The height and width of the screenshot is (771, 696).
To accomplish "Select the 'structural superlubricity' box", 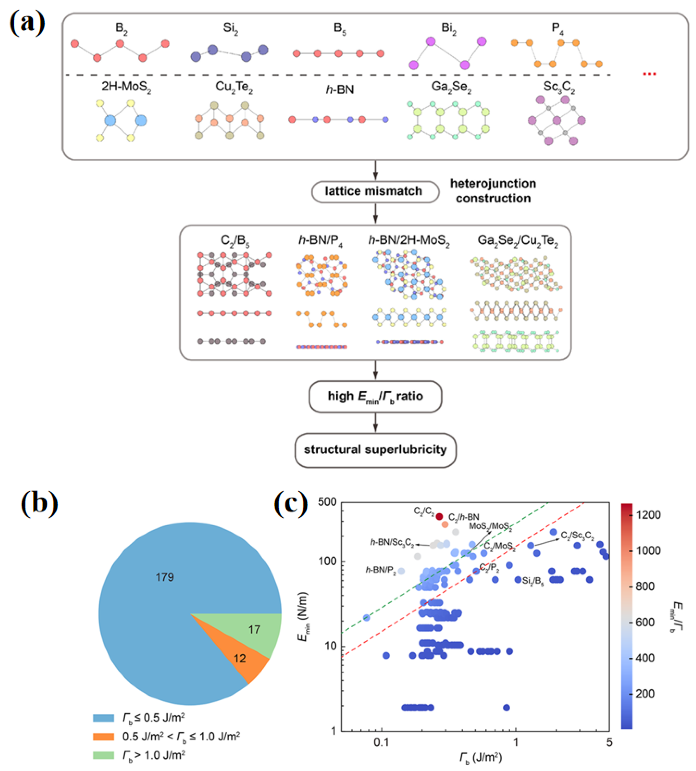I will pos(375,450).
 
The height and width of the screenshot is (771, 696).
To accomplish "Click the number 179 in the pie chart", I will pos(164,577).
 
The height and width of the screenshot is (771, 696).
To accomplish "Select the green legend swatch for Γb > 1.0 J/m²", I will pos(103,755).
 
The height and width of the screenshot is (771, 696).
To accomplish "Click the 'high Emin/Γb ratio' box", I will pos(375,397).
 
